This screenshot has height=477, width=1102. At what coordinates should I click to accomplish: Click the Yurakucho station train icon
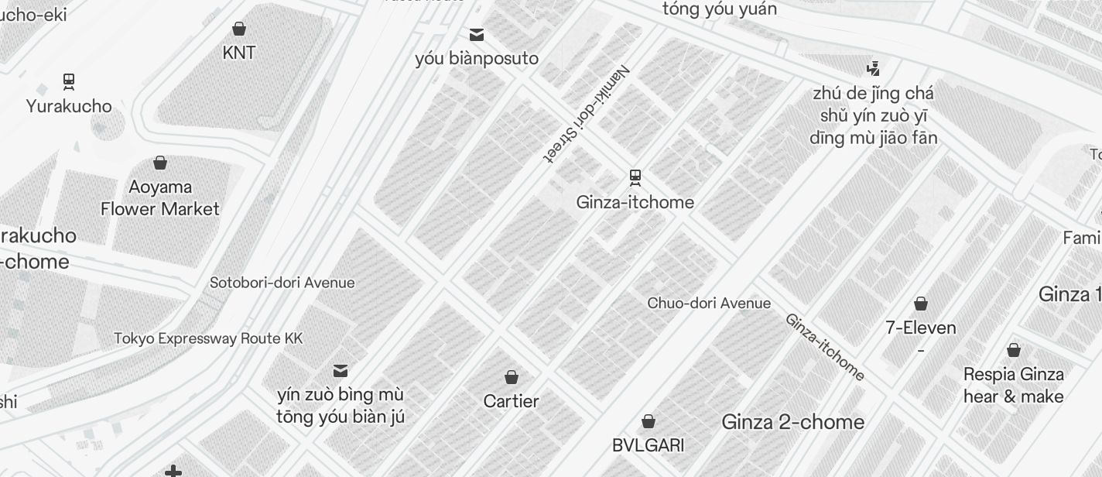coord(69,82)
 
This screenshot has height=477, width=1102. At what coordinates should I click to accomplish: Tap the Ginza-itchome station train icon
coord(635,178)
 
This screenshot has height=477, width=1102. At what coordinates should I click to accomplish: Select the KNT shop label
coord(238,53)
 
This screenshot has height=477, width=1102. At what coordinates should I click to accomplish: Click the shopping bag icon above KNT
coord(239,29)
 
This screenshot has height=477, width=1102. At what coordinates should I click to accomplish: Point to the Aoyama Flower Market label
coord(160,197)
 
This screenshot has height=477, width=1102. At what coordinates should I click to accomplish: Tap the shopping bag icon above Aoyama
coord(160,163)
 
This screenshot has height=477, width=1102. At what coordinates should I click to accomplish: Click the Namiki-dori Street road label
coord(587,113)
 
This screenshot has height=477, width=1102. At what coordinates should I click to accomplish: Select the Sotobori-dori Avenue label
coord(282,283)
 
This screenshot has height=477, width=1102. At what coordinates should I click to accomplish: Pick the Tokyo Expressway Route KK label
coord(208,338)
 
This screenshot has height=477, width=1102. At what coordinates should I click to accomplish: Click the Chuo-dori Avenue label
coord(709,303)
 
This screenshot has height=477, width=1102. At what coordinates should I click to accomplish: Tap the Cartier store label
coord(511,401)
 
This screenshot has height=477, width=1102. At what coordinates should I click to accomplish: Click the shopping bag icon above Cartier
coord(511,377)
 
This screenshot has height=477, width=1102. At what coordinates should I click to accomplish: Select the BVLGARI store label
coord(648,445)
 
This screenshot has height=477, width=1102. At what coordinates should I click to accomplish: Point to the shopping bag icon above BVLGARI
coord(649,421)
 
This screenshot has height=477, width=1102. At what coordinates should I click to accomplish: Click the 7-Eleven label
coord(920,328)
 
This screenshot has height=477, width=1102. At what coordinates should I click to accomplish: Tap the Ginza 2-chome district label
coord(792,422)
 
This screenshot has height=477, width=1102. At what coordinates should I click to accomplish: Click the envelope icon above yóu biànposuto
coord(477,35)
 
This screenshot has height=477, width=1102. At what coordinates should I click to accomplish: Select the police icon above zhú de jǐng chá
coord(873,68)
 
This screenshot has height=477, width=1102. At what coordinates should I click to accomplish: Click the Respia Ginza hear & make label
coord(1013,385)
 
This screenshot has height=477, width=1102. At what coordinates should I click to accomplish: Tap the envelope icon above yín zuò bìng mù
coord(341,371)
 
